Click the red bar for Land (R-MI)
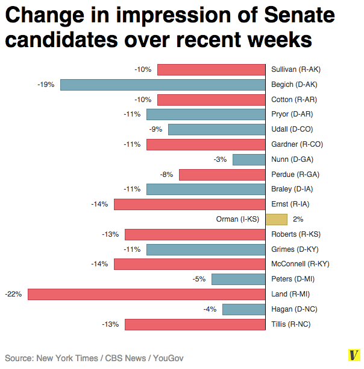tap(146, 294)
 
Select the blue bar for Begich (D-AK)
tap(163, 85)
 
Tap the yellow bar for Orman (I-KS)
tap(276, 219)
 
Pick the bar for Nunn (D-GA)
tap(249, 159)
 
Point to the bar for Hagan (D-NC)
tap(244, 309)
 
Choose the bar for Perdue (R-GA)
tap(222, 175)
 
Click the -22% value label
tap(13, 294)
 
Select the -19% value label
tap(45, 85)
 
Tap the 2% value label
tap(298, 219)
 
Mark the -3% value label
tap(220, 159)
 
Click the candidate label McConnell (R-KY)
tap(300, 264)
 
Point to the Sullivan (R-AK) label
tap(295, 69)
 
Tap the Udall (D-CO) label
tap(292, 129)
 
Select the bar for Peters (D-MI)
tap(239, 279)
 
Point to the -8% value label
tap(166, 175)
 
